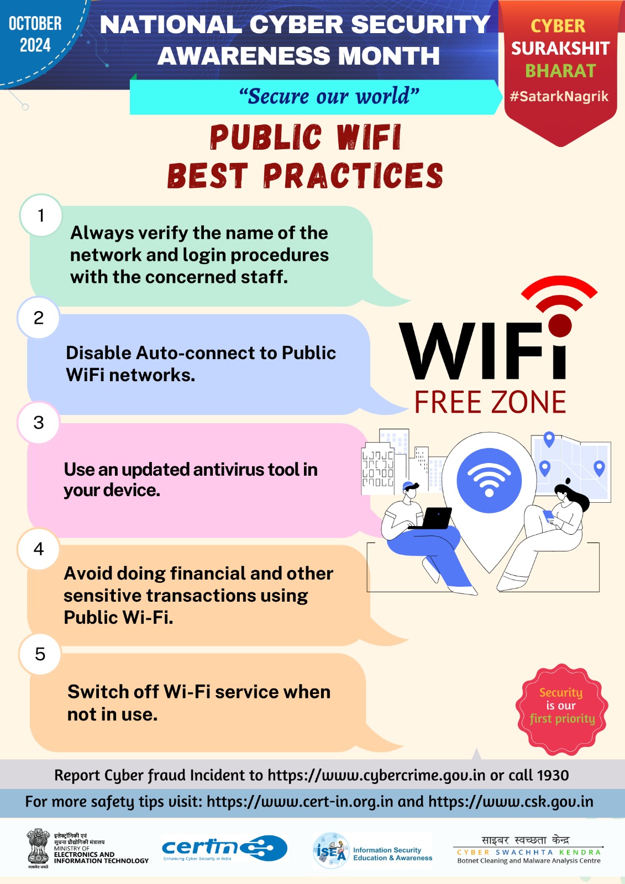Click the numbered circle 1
(x=41, y=215)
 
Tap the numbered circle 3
(x=38, y=423)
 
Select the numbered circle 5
(x=40, y=654)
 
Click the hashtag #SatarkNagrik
(x=559, y=97)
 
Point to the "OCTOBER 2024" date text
(x=35, y=34)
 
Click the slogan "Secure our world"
(x=329, y=96)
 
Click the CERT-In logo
(x=224, y=848)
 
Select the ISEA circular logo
(x=331, y=850)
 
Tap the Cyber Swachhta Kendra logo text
(x=528, y=850)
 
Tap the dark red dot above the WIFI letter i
(x=560, y=324)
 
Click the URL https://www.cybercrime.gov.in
(x=376, y=776)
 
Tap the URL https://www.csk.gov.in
(x=511, y=802)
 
